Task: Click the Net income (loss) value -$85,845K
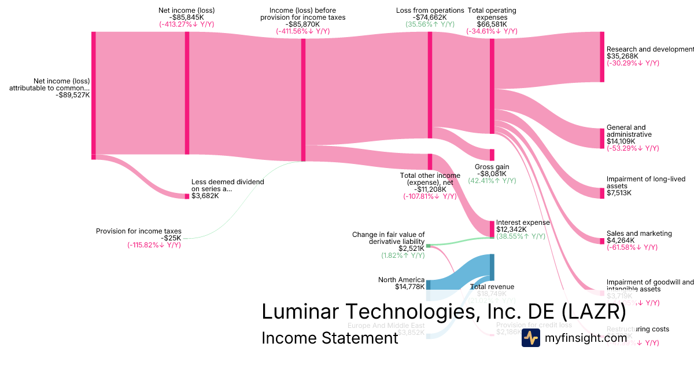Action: [x=187, y=17]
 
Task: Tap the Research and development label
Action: [x=649, y=49]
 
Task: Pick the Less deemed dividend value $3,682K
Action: [x=205, y=196]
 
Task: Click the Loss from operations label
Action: [x=430, y=10]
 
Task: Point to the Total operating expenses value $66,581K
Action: [x=492, y=24]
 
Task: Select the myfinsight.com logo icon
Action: [x=530, y=338]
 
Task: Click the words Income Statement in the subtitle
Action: [x=330, y=338]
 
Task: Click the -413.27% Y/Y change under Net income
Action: [x=187, y=24]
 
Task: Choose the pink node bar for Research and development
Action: [x=602, y=57]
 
